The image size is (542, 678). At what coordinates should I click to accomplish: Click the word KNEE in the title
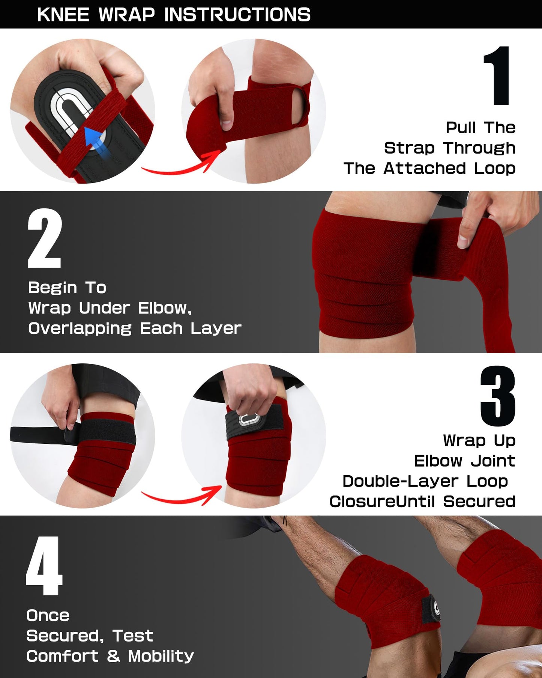tap(63, 15)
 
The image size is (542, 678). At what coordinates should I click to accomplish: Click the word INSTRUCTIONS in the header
tap(237, 15)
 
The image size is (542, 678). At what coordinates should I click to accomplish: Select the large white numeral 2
tap(45, 239)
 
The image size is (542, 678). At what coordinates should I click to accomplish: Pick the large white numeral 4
tap(44, 566)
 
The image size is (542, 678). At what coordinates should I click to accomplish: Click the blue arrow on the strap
tap(96, 143)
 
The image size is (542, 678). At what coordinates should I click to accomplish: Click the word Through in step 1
tap(479, 148)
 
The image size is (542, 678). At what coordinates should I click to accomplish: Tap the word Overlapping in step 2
tap(80, 328)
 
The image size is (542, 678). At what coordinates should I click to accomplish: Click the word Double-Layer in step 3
tap(400, 481)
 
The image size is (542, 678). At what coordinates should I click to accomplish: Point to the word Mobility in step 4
tap(161, 656)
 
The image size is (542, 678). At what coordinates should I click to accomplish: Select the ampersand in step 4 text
tap(113, 656)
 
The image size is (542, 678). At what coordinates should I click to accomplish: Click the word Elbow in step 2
tap(164, 308)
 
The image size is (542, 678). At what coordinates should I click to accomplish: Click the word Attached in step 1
tap(424, 169)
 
